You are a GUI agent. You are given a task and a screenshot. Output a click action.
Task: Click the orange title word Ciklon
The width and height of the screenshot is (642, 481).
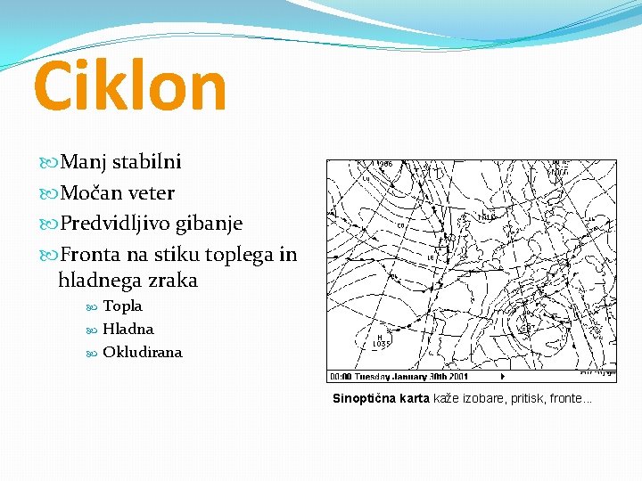(130, 86)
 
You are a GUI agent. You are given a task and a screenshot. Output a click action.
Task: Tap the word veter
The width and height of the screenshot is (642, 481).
(152, 192)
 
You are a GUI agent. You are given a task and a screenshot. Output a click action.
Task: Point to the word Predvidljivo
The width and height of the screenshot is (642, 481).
(119, 223)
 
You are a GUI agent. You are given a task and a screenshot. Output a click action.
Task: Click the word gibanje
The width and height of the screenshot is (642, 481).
(211, 223)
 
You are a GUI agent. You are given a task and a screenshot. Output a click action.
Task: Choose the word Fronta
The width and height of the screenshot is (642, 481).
(89, 255)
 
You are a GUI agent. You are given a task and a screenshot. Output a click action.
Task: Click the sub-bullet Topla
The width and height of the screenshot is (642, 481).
(122, 306)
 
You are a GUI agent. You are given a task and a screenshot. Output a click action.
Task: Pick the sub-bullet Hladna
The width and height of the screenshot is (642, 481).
(128, 329)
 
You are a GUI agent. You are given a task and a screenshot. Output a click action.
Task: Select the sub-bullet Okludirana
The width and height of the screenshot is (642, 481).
(142, 352)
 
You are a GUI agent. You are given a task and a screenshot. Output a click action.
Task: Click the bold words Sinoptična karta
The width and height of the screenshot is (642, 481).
(381, 398)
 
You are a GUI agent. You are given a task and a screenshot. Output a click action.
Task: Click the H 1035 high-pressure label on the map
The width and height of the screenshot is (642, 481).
(381, 339)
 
